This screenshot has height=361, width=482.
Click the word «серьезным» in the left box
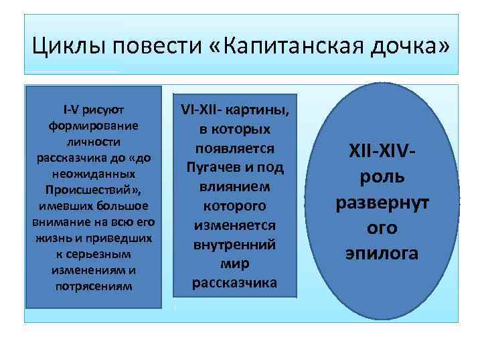101,255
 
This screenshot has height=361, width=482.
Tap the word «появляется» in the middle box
235,147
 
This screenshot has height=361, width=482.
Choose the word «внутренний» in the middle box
235,245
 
